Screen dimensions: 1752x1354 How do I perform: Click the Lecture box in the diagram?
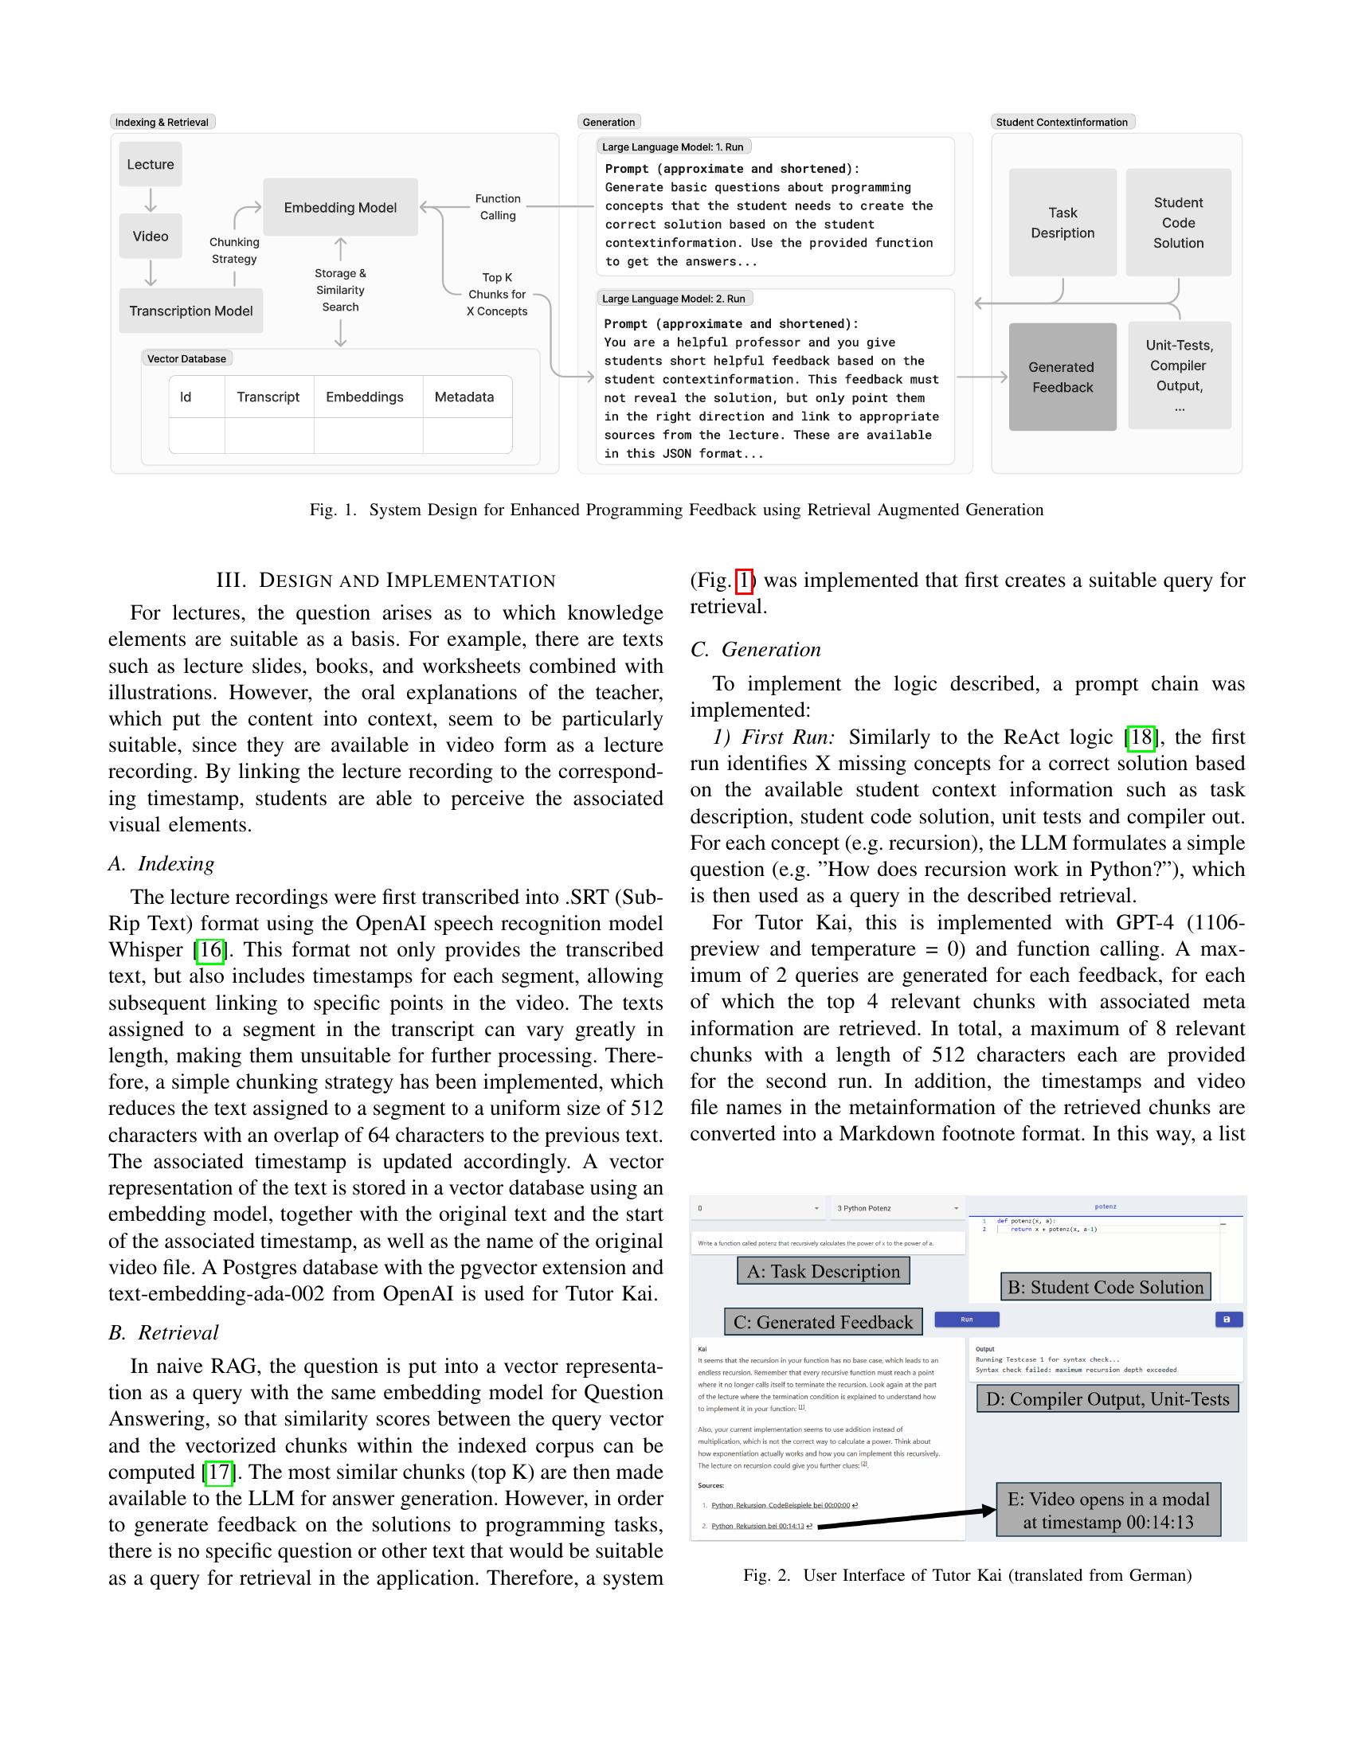pyautogui.click(x=150, y=165)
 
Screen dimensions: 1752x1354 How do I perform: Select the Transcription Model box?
pyautogui.click(x=191, y=311)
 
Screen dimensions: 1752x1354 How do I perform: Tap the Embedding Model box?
pyautogui.click(x=340, y=208)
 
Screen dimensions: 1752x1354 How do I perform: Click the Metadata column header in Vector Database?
pyautogui.click(x=464, y=397)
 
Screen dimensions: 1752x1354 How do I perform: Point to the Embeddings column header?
pyautogui.click(x=364, y=397)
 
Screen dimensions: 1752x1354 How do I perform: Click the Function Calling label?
pyautogui.click(x=497, y=207)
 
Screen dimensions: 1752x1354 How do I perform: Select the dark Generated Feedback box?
pyautogui.click(x=1062, y=377)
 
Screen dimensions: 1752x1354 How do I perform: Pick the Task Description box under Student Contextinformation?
pyautogui.click(x=1062, y=223)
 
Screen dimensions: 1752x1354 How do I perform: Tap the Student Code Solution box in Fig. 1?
pyautogui.click(x=1177, y=223)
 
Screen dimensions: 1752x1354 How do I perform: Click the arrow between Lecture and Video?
pyautogui.click(x=150, y=200)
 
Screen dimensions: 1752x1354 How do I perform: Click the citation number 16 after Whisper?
pyautogui.click(x=210, y=951)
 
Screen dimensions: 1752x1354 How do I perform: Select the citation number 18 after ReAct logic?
pyautogui.click(x=1140, y=737)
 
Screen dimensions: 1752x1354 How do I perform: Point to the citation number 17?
pyautogui.click(x=218, y=1472)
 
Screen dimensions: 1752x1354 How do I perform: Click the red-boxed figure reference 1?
pyautogui.click(x=745, y=581)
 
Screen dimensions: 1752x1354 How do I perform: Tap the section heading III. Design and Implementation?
pyautogui.click(x=385, y=581)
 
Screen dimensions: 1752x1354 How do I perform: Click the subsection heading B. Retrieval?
pyautogui.click(x=163, y=1332)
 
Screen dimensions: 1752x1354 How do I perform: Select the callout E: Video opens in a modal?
pyautogui.click(x=1108, y=1511)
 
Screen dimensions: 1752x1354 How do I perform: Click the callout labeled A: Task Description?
pyautogui.click(x=823, y=1272)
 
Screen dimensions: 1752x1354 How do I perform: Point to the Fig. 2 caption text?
pyautogui.click(x=968, y=1575)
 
